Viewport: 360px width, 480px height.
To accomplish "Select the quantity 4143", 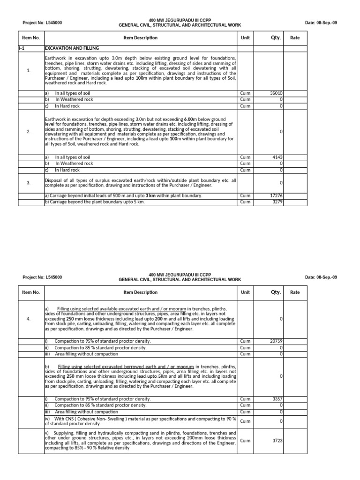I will [277, 157].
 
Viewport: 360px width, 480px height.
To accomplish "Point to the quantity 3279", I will [277, 202].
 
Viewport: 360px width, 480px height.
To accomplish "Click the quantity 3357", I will [277, 399].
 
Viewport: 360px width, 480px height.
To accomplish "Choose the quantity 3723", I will [277, 441].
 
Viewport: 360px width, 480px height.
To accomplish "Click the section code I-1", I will [22, 48].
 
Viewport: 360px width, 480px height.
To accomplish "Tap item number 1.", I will [29, 71].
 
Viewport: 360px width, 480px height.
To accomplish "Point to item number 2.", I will [29, 132].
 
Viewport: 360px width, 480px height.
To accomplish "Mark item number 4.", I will [29, 319].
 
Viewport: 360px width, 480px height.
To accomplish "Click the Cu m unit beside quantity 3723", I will [245, 441].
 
